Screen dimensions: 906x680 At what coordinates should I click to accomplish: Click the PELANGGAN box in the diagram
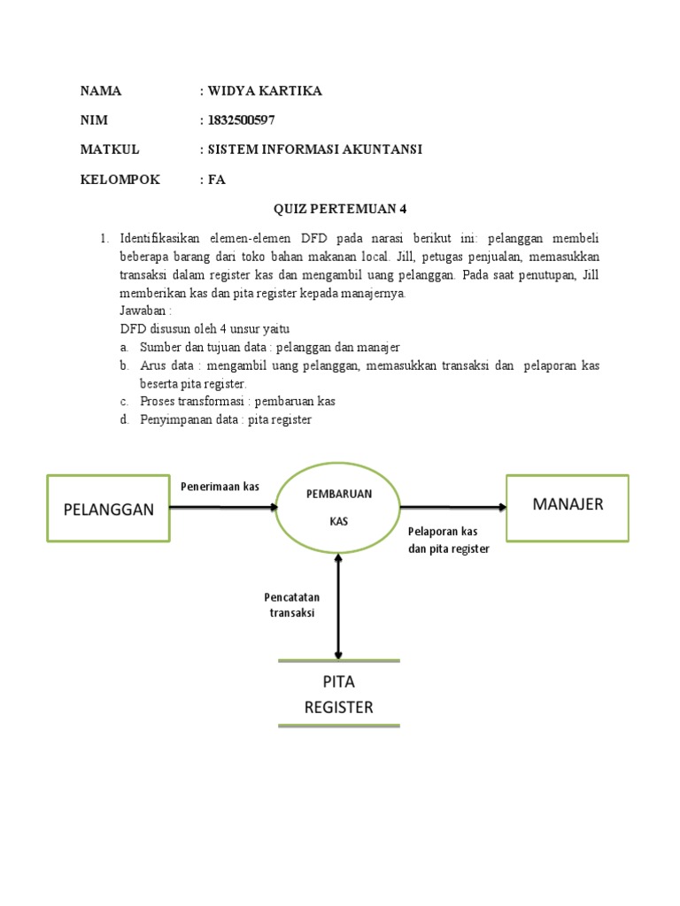[x=107, y=507]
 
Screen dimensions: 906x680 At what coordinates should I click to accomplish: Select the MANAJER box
[x=567, y=506]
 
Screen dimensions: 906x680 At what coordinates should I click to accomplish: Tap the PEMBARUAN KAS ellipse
[x=338, y=507]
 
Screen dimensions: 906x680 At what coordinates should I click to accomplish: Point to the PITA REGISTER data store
[x=338, y=694]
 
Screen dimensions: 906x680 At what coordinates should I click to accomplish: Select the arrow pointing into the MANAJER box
[x=453, y=507]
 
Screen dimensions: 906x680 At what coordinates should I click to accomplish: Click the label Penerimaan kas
[x=220, y=487]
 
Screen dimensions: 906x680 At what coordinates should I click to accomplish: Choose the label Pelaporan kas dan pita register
[x=449, y=540]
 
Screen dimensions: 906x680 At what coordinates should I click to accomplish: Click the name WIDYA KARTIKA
[x=265, y=91]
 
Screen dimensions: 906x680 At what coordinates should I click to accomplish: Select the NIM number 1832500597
[x=247, y=120]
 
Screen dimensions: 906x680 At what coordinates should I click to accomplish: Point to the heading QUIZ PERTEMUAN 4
[x=339, y=209]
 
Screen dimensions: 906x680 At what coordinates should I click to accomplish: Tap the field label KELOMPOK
[x=120, y=179]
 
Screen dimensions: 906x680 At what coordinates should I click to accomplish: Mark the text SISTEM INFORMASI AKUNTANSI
[x=314, y=150]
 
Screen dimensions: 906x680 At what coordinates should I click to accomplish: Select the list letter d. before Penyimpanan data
[x=126, y=419]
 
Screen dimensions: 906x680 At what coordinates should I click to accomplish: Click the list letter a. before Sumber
[x=126, y=347]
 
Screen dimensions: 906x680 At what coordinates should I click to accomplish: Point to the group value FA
[x=217, y=179]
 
